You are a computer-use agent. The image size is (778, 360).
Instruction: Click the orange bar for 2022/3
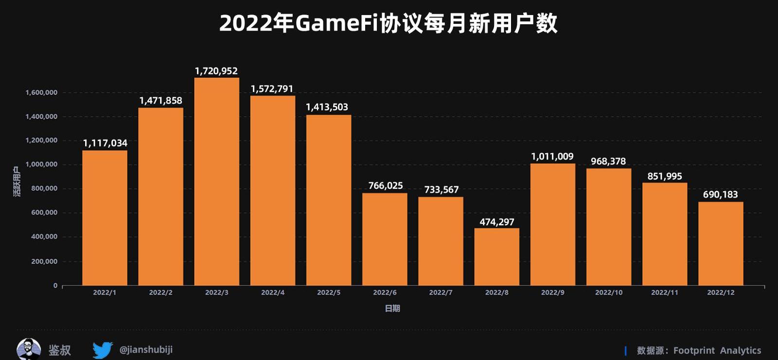click(216, 181)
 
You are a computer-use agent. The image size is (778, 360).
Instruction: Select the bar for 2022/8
click(496, 257)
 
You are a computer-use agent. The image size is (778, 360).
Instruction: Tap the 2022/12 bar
click(721, 244)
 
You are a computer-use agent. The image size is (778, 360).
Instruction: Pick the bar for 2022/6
click(385, 239)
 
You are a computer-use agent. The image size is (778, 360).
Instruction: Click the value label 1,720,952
click(216, 71)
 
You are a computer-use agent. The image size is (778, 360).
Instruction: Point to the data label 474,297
click(497, 222)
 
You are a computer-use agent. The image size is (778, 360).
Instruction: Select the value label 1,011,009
click(552, 156)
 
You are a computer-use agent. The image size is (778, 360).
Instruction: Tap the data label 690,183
click(721, 195)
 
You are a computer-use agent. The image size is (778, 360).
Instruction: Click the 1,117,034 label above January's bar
click(105, 143)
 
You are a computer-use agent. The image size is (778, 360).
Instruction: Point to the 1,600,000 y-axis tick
click(41, 92)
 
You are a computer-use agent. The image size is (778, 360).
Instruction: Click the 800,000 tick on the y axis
click(44, 188)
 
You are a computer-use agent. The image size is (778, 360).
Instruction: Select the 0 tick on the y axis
click(55, 286)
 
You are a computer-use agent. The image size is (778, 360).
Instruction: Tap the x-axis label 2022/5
click(329, 292)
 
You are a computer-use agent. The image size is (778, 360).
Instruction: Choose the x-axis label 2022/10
click(609, 292)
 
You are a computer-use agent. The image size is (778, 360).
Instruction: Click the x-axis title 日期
click(392, 308)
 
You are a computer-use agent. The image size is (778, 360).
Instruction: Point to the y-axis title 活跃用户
click(17, 181)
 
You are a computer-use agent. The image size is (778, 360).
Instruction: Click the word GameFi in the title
click(336, 23)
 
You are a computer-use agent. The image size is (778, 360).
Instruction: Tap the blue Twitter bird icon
click(103, 350)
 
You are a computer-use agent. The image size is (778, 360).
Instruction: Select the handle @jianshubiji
click(146, 350)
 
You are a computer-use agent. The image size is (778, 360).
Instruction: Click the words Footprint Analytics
click(717, 350)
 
